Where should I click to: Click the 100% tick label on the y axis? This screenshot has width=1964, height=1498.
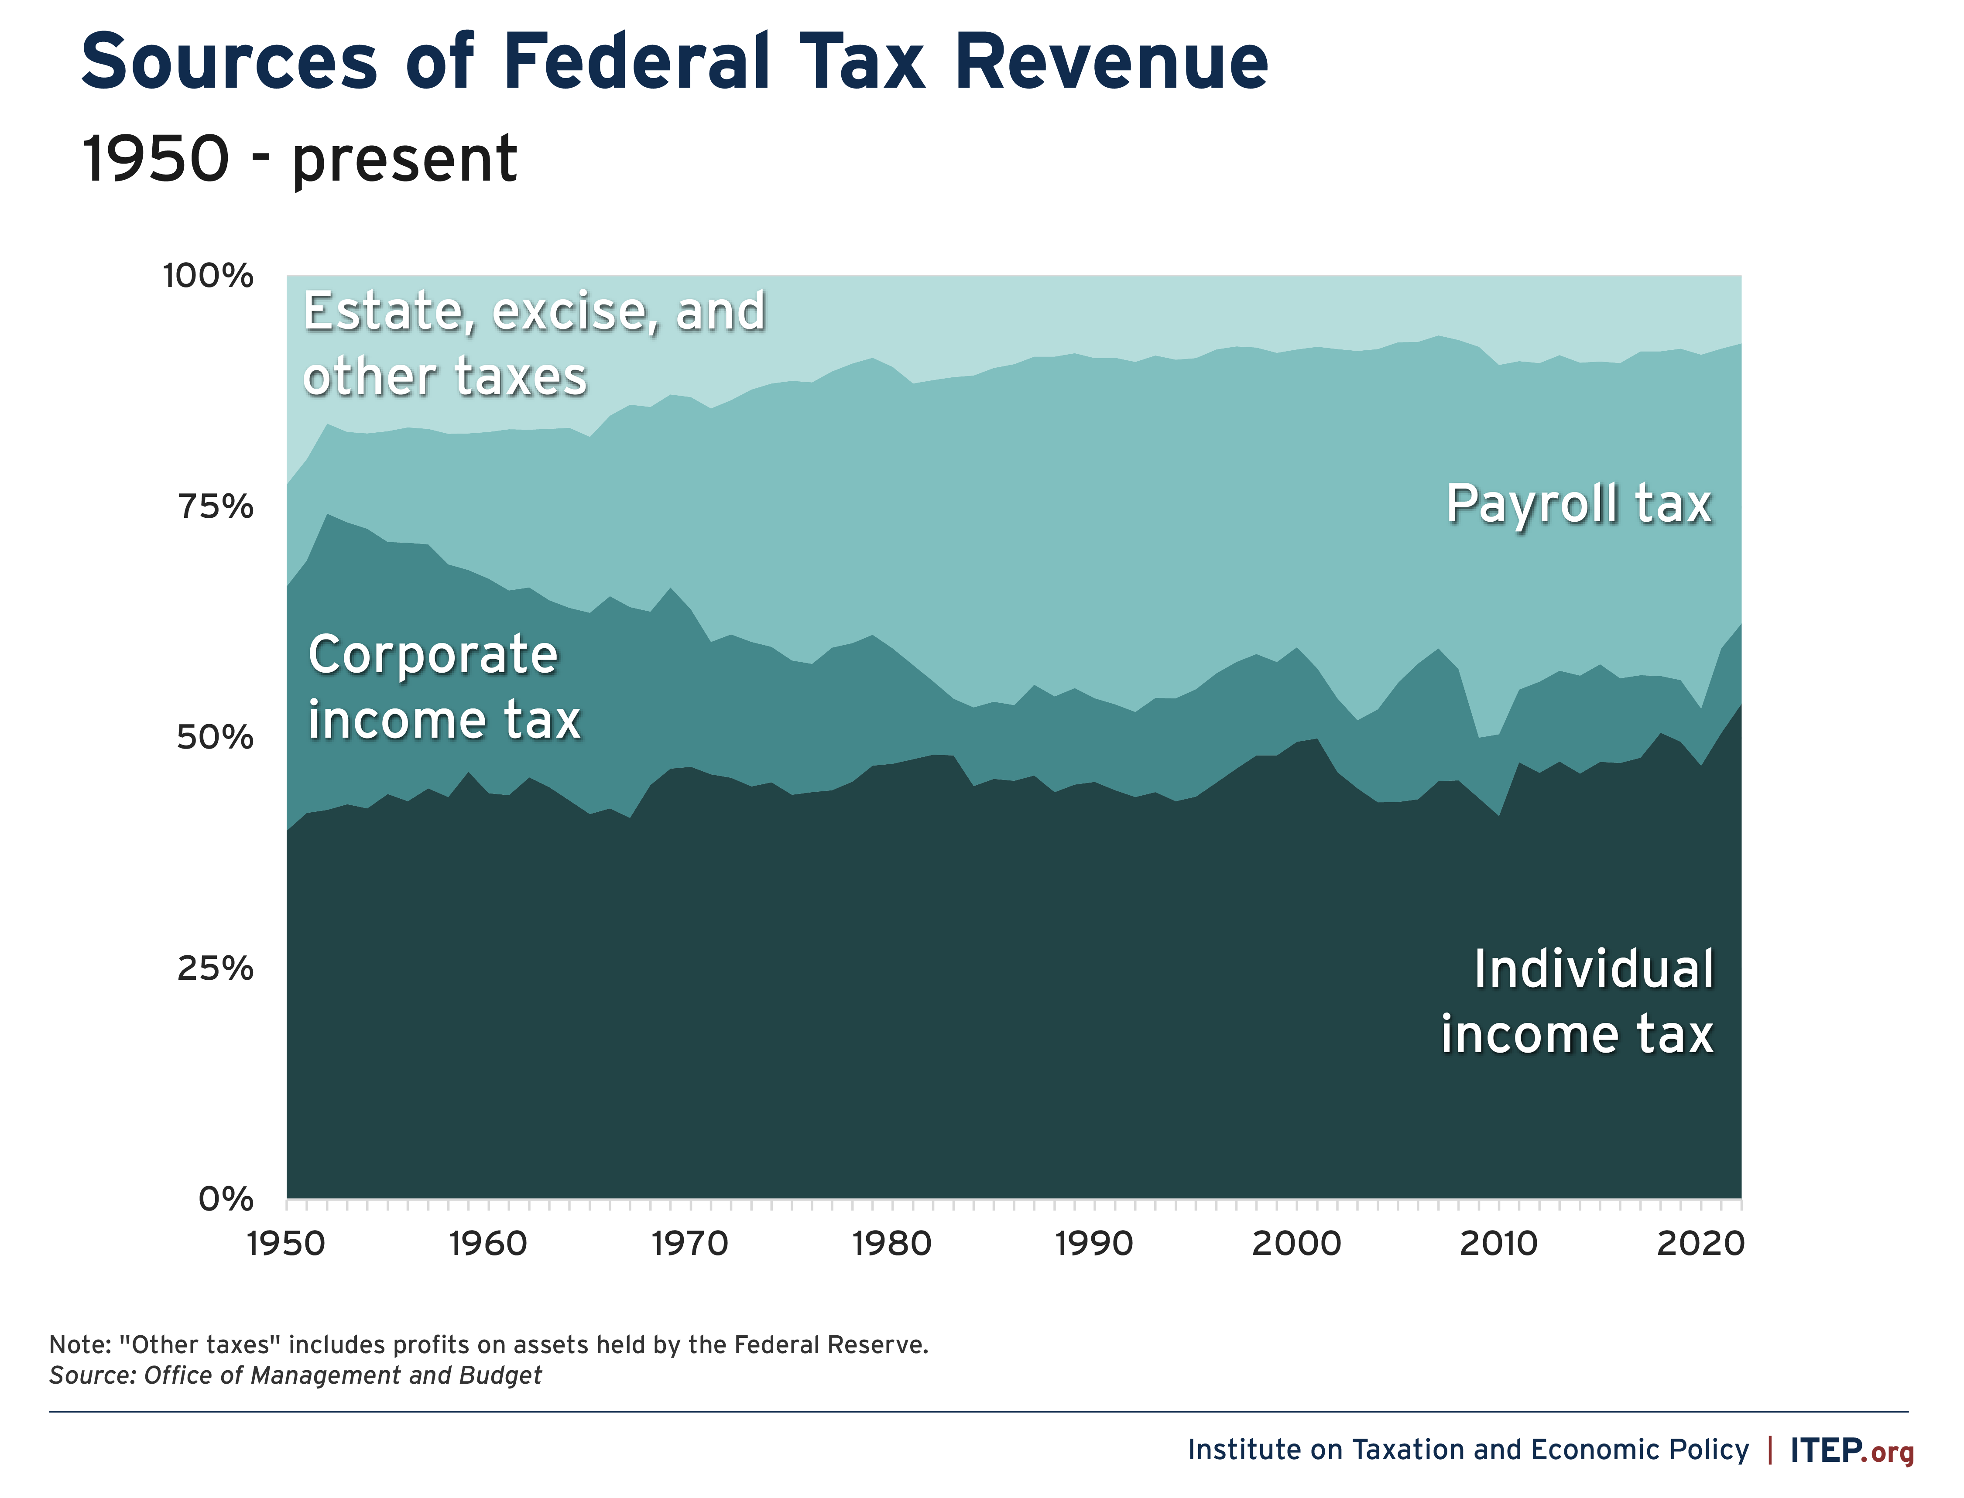tap(208, 277)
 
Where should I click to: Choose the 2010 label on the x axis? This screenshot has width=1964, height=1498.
tap(1498, 1244)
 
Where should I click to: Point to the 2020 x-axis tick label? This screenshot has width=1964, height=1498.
tap(1700, 1244)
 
